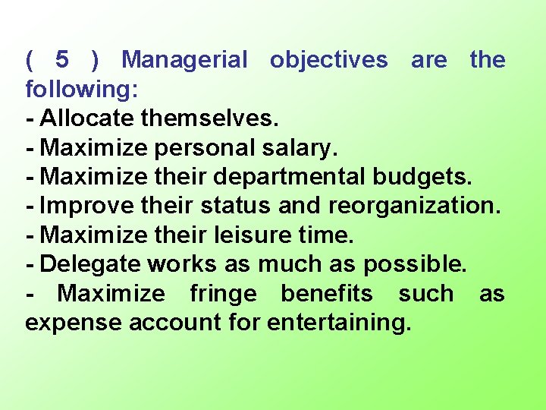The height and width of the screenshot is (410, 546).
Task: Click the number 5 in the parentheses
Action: click(62, 59)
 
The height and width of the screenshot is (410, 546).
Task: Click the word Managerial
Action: click(184, 59)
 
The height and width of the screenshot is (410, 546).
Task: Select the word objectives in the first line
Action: click(328, 59)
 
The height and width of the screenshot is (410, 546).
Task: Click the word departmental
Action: click(291, 177)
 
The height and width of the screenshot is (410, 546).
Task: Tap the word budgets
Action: click(423, 177)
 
